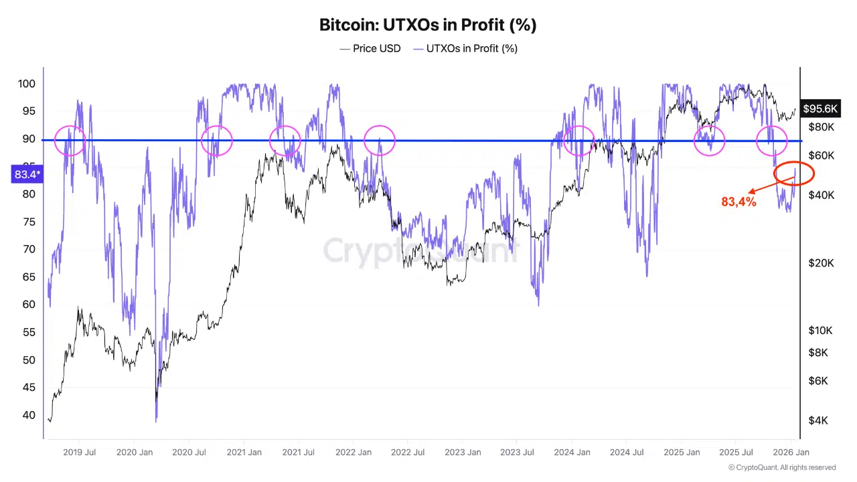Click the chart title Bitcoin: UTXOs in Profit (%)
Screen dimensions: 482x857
tap(428, 25)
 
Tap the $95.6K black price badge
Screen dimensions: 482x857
tap(820, 108)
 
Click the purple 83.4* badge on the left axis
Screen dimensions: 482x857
tap(27, 175)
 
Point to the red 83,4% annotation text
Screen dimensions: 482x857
tap(738, 202)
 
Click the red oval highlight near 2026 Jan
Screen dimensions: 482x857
tap(793, 173)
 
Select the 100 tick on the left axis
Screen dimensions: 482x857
tap(27, 84)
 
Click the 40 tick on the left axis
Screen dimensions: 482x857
tap(29, 415)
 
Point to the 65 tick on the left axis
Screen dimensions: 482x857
tap(29, 277)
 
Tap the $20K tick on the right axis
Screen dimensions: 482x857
tap(821, 263)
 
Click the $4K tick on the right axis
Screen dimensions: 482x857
tap(818, 420)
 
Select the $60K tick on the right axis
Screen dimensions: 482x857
tap(821, 155)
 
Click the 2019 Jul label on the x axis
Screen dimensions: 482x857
tap(79, 453)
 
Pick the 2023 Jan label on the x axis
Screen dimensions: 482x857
tap(463, 453)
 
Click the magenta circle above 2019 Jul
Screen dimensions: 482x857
tap(70, 141)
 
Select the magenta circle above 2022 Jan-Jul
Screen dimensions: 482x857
tap(380, 141)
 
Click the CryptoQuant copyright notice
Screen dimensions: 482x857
tap(782, 467)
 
